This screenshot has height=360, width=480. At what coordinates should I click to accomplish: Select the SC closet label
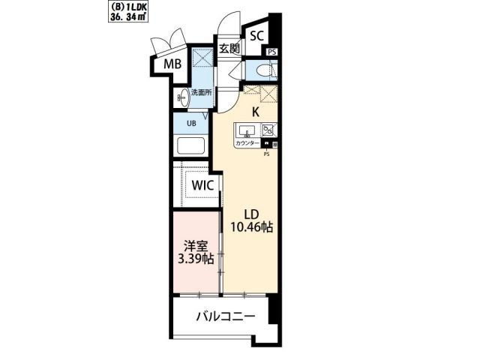256,35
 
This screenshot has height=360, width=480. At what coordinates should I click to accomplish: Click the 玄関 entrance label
229,49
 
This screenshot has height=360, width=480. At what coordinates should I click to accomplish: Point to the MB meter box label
173,65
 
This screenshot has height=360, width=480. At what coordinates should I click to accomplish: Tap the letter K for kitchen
255,112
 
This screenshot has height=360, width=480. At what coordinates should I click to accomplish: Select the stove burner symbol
268,130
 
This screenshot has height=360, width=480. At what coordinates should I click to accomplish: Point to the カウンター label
247,143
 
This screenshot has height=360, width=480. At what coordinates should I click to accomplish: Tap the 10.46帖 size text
250,227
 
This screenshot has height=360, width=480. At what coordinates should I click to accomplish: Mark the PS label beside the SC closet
271,52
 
